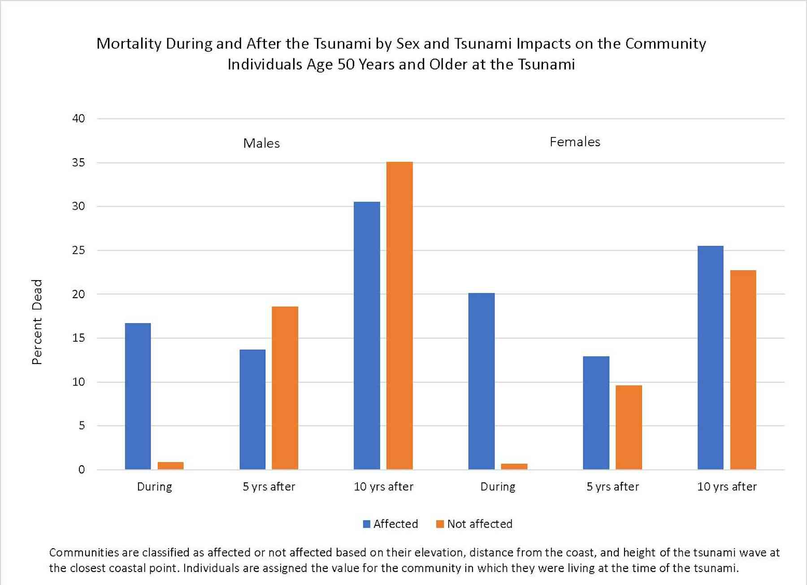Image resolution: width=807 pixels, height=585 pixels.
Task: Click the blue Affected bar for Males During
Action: point(138,396)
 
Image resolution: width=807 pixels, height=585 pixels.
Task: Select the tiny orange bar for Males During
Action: point(170,466)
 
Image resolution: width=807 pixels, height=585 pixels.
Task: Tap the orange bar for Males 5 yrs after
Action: point(285,388)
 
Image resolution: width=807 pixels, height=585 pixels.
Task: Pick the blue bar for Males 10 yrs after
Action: point(367,336)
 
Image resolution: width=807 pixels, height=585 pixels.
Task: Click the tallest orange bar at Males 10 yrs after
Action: point(399,316)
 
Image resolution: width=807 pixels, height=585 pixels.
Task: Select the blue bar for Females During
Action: point(481,381)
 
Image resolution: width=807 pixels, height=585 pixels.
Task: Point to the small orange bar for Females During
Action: point(514,467)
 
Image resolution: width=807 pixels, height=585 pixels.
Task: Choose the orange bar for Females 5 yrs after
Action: point(629,427)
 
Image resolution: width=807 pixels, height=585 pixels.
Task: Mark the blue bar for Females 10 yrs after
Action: point(710,358)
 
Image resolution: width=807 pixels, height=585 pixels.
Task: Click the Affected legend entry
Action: point(390,524)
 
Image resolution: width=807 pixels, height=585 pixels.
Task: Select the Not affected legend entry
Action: point(474,524)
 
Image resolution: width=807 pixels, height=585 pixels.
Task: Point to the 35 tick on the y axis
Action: point(78,162)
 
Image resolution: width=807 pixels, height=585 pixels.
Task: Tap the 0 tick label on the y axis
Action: point(82,469)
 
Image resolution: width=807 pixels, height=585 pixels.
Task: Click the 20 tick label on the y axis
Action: point(78,294)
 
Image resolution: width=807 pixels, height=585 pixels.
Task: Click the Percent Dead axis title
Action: point(37,322)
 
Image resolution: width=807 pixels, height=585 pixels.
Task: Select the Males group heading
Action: point(261,143)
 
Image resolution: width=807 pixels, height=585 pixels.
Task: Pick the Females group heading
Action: point(575,142)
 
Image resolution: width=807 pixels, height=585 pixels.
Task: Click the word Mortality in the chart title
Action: point(129,44)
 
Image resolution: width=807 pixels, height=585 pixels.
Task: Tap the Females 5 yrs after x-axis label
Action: point(612,486)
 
